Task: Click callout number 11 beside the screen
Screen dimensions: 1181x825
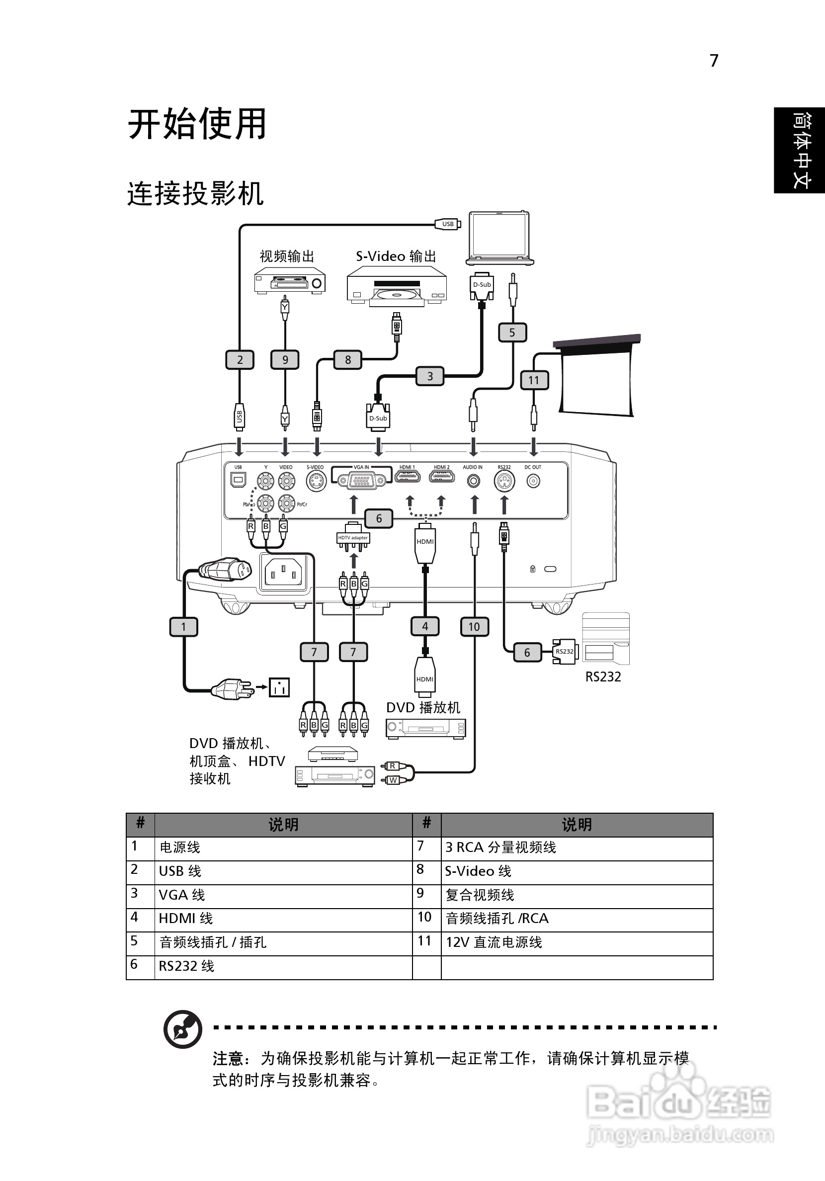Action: coord(534,380)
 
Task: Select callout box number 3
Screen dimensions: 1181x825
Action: coord(430,376)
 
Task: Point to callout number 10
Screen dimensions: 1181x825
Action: coord(474,626)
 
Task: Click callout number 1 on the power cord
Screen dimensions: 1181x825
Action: coord(183,626)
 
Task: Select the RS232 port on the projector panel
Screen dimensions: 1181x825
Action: coord(504,482)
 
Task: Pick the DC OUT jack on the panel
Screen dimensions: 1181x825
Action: coord(533,481)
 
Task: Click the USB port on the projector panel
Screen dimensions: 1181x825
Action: coord(238,480)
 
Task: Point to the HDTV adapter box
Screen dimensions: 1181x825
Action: coord(353,538)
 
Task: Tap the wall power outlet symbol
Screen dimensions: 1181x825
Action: coord(279,687)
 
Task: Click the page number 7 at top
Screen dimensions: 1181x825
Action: coord(714,61)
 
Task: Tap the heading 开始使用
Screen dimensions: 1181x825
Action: coord(197,124)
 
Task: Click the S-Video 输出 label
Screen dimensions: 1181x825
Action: coord(396,256)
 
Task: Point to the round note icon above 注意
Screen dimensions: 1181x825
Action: coord(182,1029)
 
